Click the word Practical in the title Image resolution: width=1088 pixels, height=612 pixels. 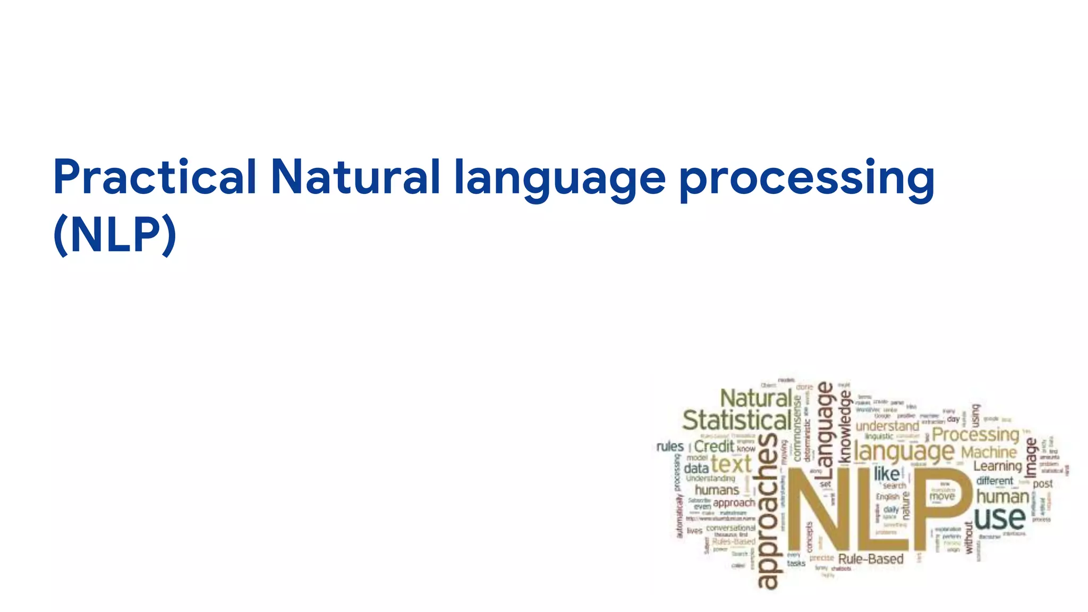pyautogui.click(x=155, y=177)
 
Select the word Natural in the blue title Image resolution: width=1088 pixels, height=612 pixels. pyautogui.click(x=355, y=177)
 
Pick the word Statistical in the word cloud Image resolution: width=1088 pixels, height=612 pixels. pyautogui.click(x=736, y=421)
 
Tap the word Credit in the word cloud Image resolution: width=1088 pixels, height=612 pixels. pyautogui.click(x=713, y=447)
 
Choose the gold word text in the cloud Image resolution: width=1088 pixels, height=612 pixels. pyautogui.click(x=731, y=464)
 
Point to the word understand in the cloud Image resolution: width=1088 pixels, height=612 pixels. pyautogui.click(x=887, y=427)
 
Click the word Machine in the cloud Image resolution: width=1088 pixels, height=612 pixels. pyautogui.click(x=989, y=453)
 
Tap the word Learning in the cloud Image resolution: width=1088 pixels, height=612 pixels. pyautogui.click(x=997, y=466)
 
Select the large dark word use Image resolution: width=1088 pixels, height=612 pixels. pyautogui.click(x=999, y=518)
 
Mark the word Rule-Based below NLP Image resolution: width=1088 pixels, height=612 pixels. pyautogui.click(x=871, y=559)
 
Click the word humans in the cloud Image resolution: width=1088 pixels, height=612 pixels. pyautogui.click(x=717, y=490)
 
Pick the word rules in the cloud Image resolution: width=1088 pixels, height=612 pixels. pyautogui.click(x=670, y=446)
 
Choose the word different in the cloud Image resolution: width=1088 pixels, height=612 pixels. pyautogui.click(x=994, y=481)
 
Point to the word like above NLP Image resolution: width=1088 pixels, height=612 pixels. pyautogui.click(x=887, y=473)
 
